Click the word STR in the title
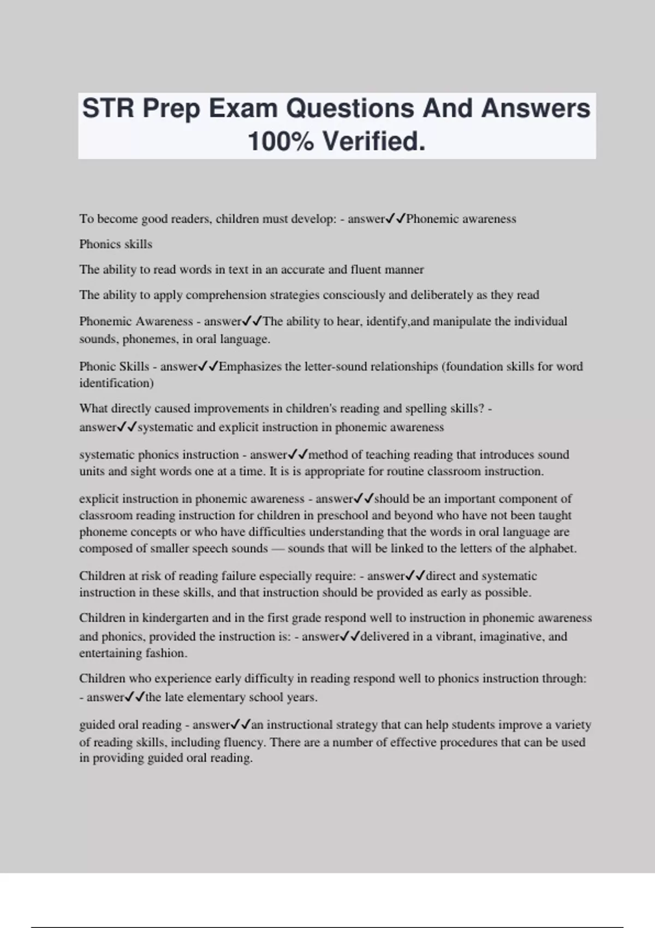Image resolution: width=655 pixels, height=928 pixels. (108, 108)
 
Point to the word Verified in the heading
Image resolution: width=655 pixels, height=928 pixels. (373, 141)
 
